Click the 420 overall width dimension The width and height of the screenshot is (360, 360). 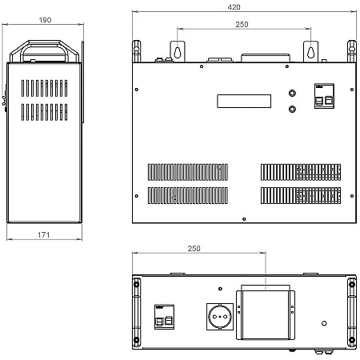point(234,7)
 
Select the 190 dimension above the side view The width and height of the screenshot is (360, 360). point(45,20)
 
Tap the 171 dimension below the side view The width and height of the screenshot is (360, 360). point(43,235)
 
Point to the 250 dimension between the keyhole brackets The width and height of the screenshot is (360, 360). point(242,25)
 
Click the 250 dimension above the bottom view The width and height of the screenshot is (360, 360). point(194,249)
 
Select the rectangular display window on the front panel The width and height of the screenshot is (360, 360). point(244,101)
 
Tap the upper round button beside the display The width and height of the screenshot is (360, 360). point(292,93)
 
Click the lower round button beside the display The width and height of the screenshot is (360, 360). point(292,109)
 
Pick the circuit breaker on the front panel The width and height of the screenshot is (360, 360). point(324,96)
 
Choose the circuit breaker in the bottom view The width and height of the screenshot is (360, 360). point(164,317)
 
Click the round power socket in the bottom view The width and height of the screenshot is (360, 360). point(220,317)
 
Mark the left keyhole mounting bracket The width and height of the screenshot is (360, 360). point(178,51)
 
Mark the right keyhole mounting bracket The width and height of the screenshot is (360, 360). point(310,51)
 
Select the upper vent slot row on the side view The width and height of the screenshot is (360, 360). point(45,88)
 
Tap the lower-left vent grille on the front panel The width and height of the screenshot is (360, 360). point(188,195)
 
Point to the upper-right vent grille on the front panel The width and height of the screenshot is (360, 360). point(301,172)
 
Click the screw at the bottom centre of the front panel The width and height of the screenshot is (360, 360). point(244,219)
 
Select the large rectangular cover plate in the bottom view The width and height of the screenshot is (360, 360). point(266,315)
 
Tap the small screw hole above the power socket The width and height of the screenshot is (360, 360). point(220,289)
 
